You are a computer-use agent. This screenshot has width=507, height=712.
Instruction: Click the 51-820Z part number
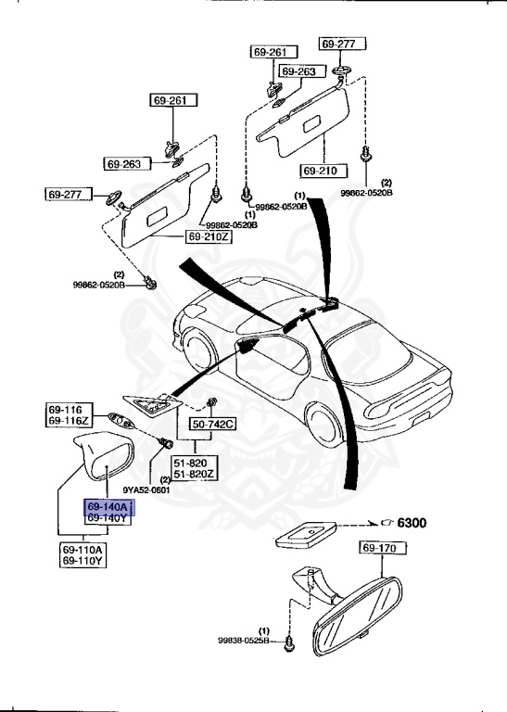(196, 474)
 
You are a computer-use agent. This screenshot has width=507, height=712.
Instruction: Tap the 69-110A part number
(83, 549)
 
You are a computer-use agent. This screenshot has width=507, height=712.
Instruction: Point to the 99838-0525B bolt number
(244, 640)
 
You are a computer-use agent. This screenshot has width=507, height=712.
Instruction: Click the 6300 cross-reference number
(412, 523)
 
